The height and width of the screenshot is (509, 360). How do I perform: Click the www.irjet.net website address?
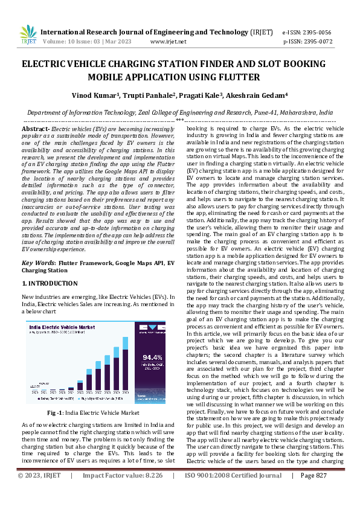coord(168,42)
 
